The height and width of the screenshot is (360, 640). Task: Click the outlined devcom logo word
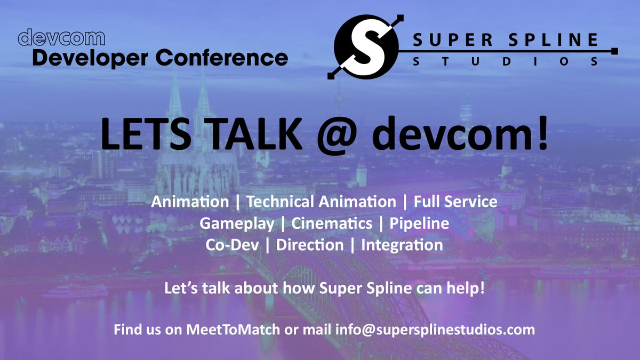pos(61,38)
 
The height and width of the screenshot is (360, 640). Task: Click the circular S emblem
pos(364,47)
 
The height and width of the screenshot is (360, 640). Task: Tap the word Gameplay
pos(237,223)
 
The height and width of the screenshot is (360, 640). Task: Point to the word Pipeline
pos(419,223)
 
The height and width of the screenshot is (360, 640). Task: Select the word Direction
pos(310,245)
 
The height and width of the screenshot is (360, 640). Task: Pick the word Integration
pos(402,245)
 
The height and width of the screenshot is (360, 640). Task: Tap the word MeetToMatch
pos(233,329)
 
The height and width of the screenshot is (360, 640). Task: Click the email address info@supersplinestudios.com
pos(435,329)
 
